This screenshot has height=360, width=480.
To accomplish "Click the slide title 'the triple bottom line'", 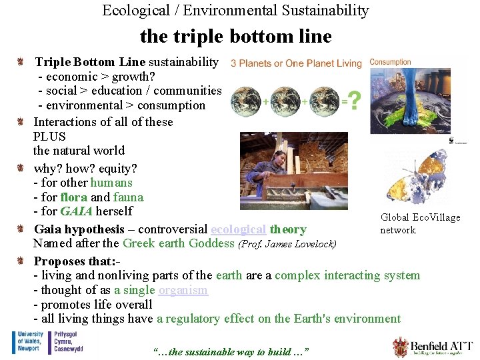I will (235, 36).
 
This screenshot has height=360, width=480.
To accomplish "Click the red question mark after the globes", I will (355, 101).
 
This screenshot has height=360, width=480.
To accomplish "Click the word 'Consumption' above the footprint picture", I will (390, 62).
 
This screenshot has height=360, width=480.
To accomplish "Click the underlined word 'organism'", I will (183, 290).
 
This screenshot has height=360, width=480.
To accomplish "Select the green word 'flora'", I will (73, 197).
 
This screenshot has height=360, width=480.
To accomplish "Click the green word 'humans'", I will (111, 183).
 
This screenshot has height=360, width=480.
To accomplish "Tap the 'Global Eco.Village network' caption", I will (420, 224).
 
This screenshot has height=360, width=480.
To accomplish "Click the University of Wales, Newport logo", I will (28, 342).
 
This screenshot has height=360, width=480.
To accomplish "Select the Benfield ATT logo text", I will (441, 346).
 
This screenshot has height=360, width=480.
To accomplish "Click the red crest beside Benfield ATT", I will (400, 347).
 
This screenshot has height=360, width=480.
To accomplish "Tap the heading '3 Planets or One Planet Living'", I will (296, 63).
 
